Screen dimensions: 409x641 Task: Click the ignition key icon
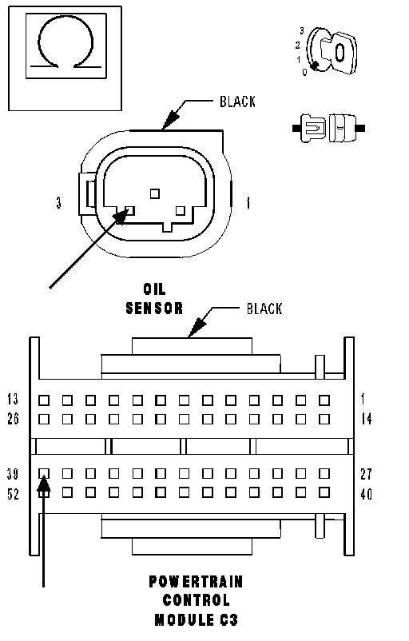[332, 51]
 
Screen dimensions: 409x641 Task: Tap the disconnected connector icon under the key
[328, 128]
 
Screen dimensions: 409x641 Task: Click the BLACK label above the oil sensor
[237, 102]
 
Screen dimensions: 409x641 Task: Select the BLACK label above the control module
[264, 309]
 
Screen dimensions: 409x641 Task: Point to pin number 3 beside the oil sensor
[59, 202]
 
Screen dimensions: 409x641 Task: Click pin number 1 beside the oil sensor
[248, 203]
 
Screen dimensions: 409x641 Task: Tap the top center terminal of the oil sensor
[155, 193]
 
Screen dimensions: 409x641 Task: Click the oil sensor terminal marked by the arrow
[129, 211]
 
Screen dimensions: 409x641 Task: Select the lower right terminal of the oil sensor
[181, 211]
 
